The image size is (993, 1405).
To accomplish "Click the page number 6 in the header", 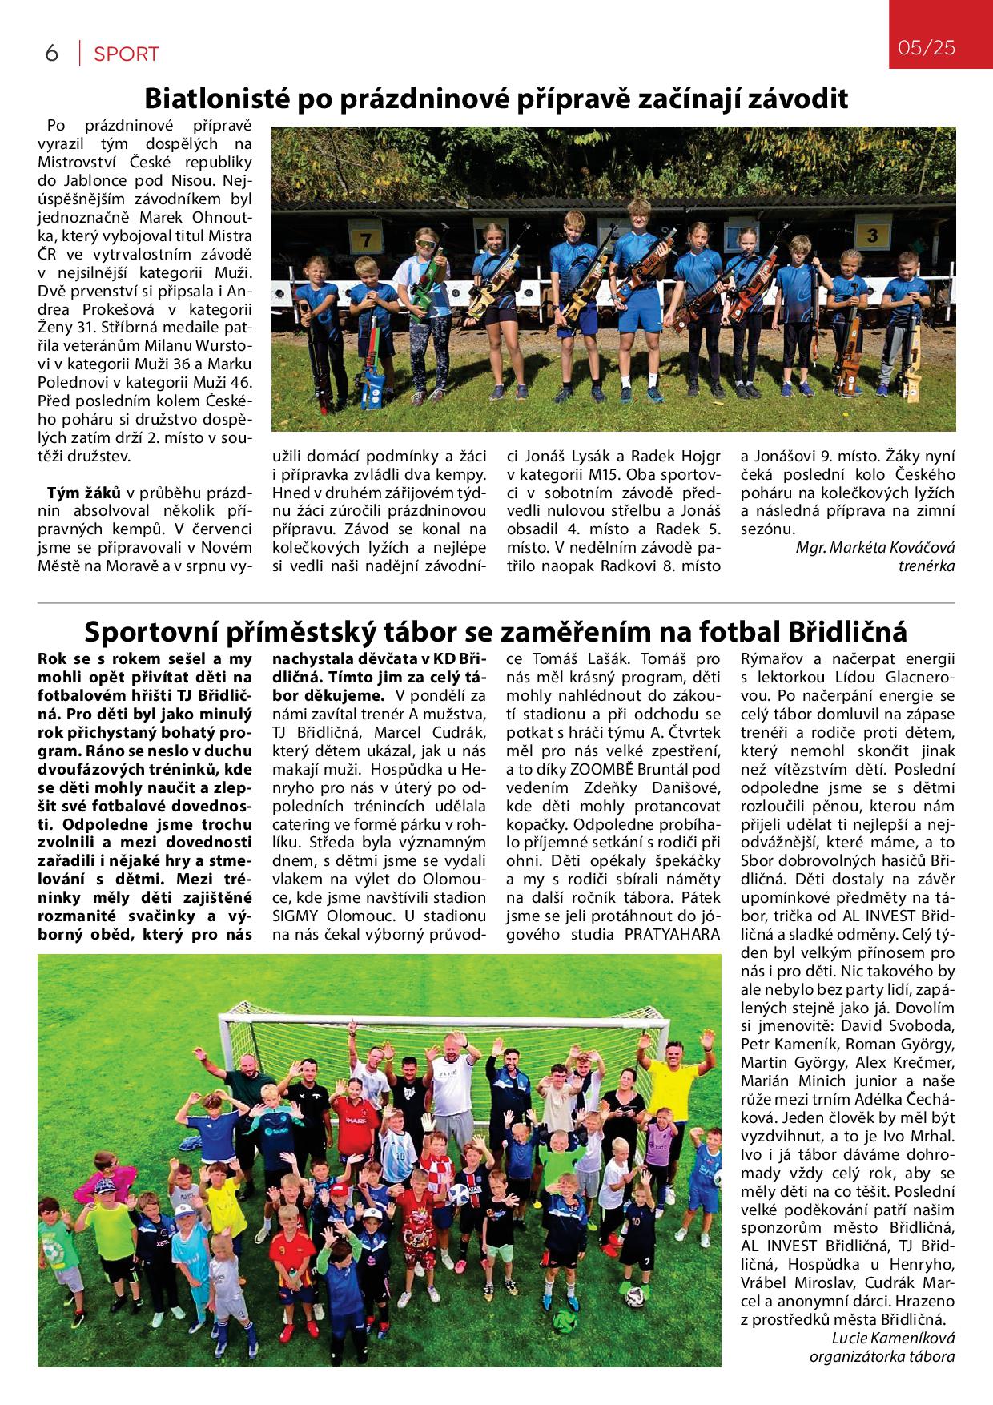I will click(x=52, y=54).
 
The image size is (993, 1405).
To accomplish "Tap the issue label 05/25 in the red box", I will click(x=927, y=47).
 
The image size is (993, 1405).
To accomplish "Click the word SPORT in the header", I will click(x=126, y=54).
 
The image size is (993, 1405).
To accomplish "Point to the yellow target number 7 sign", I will click(x=365, y=240).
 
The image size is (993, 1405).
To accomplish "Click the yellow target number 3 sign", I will click(x=873, y=235).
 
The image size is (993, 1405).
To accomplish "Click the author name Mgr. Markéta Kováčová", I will click(x=875, y=548).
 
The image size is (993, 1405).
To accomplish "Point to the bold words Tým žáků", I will click(x=84, y=491).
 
